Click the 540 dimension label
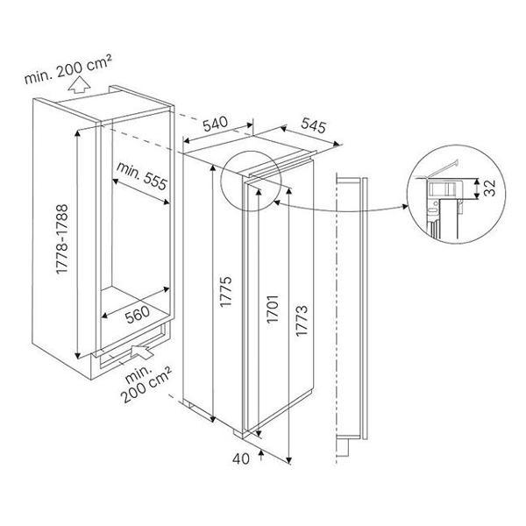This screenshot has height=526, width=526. click(216, 124)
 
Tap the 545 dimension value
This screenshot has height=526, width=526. click(313, 125)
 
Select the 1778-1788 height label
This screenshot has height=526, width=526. click(62, 239)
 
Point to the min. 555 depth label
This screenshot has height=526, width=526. click(141, 175)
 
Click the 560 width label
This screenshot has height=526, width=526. click(138, 315)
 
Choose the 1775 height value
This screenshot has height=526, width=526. click(225, 291)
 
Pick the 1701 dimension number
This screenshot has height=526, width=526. click(273, 309)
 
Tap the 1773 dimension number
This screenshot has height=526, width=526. click(302, 320)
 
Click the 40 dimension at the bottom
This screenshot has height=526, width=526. click(241, 458)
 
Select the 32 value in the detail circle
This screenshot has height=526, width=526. click(490, 188)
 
